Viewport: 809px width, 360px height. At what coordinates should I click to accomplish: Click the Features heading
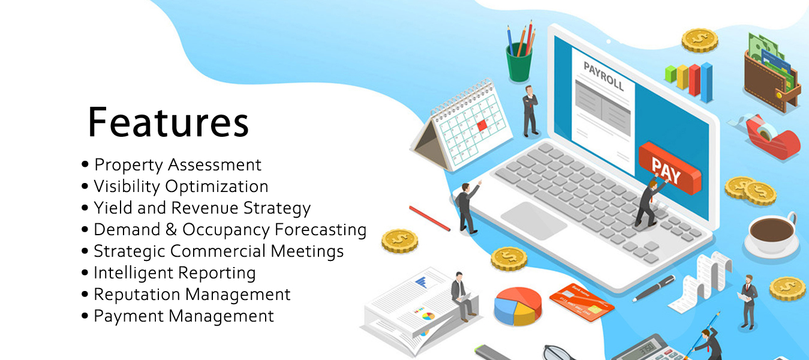[169, 122]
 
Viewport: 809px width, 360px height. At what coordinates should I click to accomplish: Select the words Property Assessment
[178, 165]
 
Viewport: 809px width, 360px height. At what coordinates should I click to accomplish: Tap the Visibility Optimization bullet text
[181, 187]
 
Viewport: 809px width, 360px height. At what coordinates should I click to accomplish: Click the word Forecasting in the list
[320, 230]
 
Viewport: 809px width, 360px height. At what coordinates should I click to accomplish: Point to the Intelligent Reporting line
[175, 273]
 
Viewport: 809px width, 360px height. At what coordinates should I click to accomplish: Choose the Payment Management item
[184, 316]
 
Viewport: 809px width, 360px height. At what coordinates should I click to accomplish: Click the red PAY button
[670, 168]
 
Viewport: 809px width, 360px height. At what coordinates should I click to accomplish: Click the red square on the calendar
[482, 126]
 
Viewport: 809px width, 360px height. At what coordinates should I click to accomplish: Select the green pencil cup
[519, 62]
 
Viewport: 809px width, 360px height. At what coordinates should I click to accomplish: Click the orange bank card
[582, 302]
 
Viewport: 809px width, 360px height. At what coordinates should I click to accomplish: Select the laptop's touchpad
[534, 220]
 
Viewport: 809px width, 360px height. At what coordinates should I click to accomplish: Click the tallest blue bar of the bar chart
[706, 83]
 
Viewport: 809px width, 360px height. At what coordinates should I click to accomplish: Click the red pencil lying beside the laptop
[429, 218]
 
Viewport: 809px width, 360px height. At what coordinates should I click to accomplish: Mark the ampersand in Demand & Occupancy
[171, 230]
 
